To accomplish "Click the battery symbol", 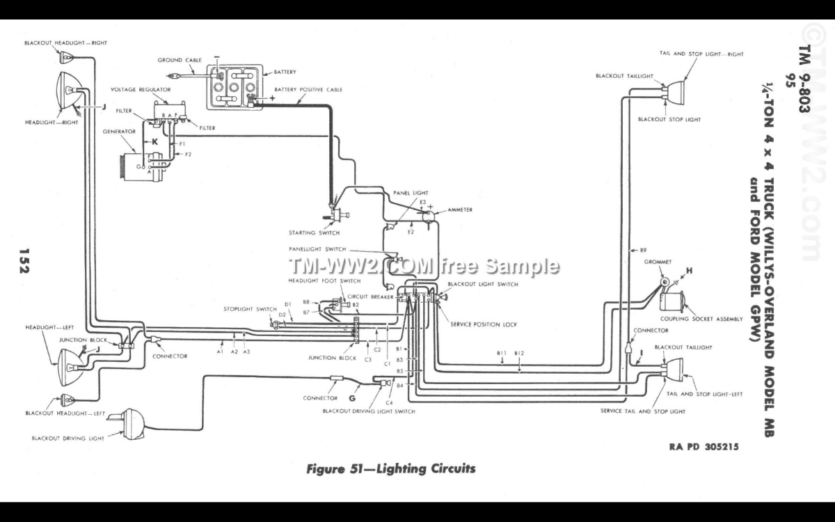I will pos(234,87).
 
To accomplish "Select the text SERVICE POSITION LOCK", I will pos(484,324).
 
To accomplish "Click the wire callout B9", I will pos(643,249).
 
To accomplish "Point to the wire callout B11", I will pos(501,354).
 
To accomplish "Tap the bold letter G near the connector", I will pos(352,398).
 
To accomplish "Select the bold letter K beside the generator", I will pos(155,141).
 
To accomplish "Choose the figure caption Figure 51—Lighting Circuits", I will pos(391,468).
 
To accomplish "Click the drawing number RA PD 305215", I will pos(704,447).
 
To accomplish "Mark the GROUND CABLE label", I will pos(180,61).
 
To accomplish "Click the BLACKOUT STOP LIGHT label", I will pos(669,120).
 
